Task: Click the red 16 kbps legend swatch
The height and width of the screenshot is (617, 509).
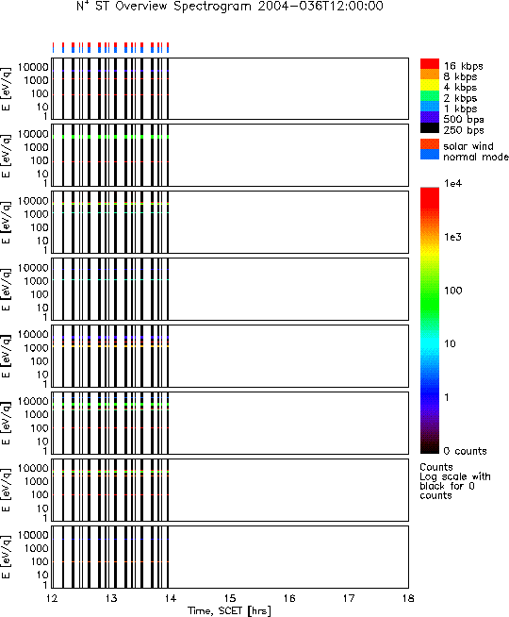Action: tap(429, 64)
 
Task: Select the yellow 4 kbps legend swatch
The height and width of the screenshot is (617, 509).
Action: tap(429, 86)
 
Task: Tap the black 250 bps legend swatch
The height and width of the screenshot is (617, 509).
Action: tap(429, 128)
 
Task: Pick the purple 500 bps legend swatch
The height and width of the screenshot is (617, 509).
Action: tap(429, 117)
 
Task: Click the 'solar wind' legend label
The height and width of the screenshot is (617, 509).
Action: tap(468, 146)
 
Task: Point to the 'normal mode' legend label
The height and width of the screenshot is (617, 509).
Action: tap(476, 157)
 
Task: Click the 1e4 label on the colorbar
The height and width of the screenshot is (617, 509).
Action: tap(452, 184)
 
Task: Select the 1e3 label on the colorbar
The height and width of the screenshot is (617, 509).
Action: tap(452, 238)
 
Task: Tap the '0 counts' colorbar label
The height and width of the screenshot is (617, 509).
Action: tap(465, 451)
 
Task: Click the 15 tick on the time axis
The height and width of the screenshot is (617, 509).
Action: tap(230, 598)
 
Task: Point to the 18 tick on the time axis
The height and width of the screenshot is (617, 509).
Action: tap(408, 598)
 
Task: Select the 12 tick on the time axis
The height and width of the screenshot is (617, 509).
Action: tap(52, 598)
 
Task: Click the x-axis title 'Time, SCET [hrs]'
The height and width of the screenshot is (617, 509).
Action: tap(230, 610)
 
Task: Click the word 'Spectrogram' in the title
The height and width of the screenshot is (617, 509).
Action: tap(212, 7)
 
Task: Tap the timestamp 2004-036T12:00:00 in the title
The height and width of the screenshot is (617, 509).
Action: tap(320, 6)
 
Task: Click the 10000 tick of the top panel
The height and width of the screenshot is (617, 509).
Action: tap(33, 67)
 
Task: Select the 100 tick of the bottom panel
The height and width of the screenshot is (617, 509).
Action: tap(40, 561)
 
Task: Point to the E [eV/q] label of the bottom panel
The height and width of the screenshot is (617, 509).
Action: tap(7, 557)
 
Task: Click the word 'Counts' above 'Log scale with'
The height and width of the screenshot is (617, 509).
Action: tap(436, 467)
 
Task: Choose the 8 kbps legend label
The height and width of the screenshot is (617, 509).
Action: tap(460, 76)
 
